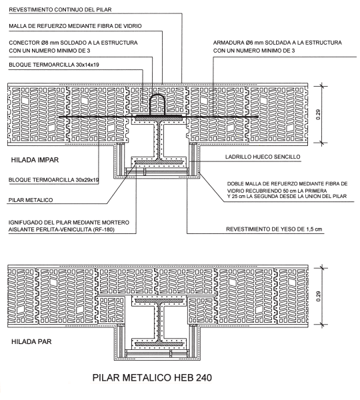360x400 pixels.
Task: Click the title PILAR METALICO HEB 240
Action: coord(152,378)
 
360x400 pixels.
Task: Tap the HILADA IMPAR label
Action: coord(35,160)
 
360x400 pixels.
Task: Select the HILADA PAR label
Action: coord(31,341)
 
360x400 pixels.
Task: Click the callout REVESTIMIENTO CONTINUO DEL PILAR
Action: coord(60,10)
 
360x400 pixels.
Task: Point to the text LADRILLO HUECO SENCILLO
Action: coord(263,157)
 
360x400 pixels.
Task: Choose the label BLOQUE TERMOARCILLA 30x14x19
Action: coord(54,65)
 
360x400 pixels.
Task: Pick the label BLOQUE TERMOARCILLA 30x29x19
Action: coord(53,180)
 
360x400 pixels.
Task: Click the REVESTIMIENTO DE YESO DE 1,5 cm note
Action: coord(274,229)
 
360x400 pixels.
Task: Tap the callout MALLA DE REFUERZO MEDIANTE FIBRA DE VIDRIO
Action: coord(75,26)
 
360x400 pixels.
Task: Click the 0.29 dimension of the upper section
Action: coord(318,115)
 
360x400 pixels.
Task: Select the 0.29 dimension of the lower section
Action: coord(318,296)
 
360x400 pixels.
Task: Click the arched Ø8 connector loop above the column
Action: coord(157,95)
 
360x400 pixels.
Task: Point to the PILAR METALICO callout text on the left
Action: coord(31,200)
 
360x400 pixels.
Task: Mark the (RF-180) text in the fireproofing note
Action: coord(104,229)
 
